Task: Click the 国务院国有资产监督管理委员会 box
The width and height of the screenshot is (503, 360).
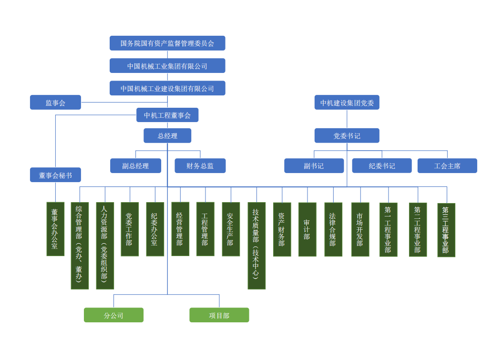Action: point(167,43)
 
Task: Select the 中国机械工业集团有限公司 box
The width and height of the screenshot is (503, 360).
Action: point(167,66)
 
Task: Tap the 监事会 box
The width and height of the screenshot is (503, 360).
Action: point(55,103)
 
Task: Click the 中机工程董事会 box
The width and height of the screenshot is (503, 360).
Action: point(167,115)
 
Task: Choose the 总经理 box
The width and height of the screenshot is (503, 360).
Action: point(167,136)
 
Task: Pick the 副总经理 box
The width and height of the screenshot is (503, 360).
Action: point(135,166)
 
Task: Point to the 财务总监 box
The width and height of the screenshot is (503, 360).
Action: point(200,166)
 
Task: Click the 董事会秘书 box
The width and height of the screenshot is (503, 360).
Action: point(55,175)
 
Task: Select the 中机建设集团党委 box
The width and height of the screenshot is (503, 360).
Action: point(347,103)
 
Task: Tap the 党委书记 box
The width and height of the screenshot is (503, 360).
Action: point(347,136)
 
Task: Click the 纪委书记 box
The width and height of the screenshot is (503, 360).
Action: point(382,166)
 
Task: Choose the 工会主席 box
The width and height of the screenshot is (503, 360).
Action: point(447,166)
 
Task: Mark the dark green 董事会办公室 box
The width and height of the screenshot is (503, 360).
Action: point(55,229)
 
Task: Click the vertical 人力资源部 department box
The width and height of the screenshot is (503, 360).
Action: point(105,246)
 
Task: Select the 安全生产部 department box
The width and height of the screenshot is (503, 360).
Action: point(231,229)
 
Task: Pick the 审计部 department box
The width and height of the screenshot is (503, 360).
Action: point(307,229)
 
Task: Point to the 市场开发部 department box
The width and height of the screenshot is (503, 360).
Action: point(360,229)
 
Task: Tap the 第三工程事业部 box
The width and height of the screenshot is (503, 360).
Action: point(446,230)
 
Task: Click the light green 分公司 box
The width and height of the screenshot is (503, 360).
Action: point(113,315)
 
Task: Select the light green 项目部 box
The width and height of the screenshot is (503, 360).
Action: point(219,315)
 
